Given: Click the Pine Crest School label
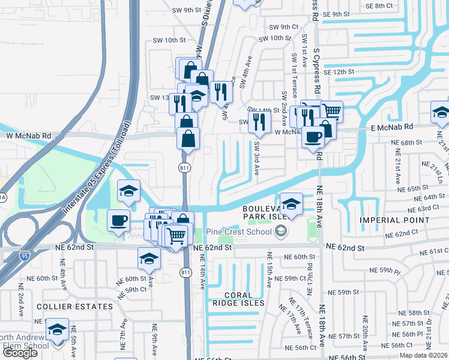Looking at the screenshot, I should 240,232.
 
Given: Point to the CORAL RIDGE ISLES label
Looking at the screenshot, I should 236,299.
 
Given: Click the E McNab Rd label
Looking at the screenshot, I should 391,127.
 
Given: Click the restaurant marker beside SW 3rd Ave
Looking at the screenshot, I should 259,122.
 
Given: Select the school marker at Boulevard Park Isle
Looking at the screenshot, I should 291,203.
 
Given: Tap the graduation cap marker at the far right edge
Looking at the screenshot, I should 441,112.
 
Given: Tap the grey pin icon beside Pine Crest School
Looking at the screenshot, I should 281,231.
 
